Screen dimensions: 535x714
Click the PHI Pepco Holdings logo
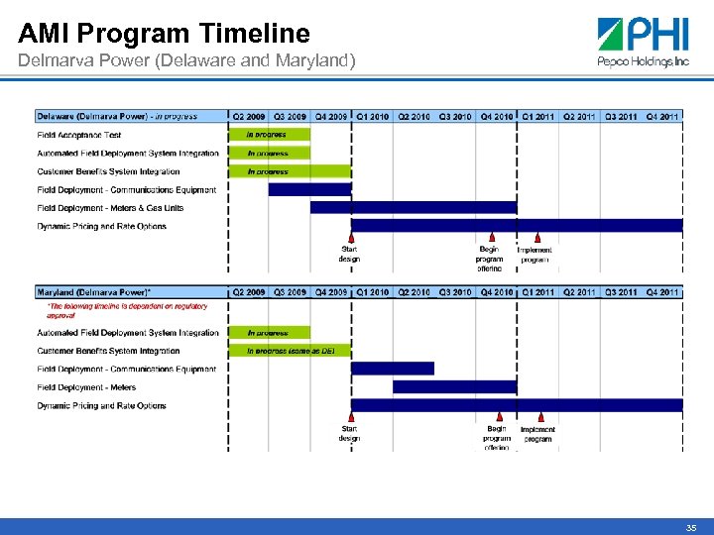(x=643, y=43)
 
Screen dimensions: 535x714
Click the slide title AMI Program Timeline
(x=165, y=34)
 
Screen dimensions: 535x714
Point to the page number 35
(x=691, y=528)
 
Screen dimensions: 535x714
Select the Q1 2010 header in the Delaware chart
(x=373, y=117)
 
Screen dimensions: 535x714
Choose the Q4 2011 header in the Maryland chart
(x=662, y=292)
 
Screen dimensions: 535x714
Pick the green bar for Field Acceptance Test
(x=270, y=135)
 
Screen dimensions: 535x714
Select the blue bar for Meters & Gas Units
(x=413, y=207)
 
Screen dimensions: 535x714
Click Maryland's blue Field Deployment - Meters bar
(x=454, y=386)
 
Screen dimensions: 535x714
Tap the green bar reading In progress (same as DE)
(x=291, y=351)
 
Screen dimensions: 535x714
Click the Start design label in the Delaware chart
(x=349, y=255)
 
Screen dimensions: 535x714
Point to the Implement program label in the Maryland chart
(x=537, y=434)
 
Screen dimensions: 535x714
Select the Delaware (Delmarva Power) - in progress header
(x=117, y=117)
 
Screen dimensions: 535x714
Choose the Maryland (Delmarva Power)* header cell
(x=94, y=292)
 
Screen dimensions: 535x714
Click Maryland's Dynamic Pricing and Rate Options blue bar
(x=516, y=405)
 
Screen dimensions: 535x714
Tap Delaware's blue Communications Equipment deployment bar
(x=309, y=189)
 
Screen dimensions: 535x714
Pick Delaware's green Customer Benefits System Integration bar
(x=291, y=171)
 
